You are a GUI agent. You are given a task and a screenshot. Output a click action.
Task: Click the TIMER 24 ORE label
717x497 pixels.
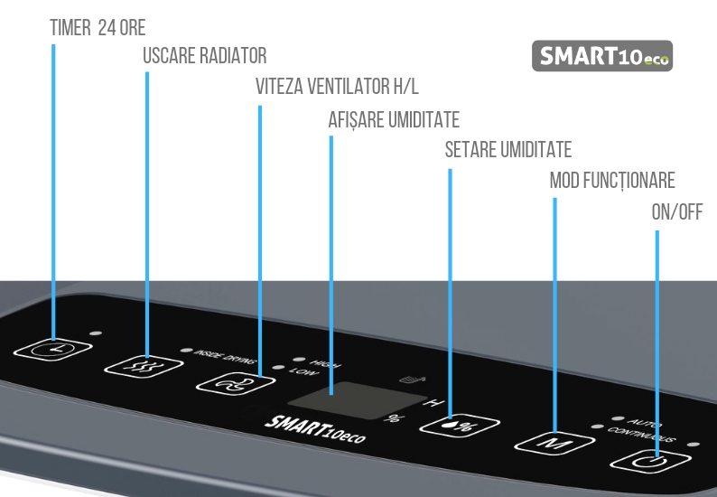pyautogui.click(x=98, y=28)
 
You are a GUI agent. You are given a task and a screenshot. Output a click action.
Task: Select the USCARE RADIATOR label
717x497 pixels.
pyautogui.click(x=205, y=56)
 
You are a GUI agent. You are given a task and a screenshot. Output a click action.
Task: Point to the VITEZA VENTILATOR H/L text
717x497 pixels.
pyautogui.click(x=337, y=86)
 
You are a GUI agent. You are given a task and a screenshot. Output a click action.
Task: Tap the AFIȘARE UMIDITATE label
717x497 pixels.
pyautogui.click(x=394, y=120)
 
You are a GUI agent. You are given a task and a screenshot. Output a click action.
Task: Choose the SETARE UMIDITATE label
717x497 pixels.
pyautogui.click(x=508, y=150)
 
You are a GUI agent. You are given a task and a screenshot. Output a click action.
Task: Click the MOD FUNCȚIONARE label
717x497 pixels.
pyautogui.click(x=612, y=181)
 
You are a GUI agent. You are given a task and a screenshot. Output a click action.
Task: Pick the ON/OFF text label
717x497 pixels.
pyautogui.click(x=676, y=212)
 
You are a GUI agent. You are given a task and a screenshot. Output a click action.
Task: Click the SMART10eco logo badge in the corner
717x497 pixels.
pyautogui.click(x=602, y=56)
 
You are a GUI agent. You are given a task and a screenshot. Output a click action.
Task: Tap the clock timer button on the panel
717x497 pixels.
pyautogui.click(x=53, y=350)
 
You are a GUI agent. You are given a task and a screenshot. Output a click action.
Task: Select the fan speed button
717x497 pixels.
pyautogui.click(x=236, y=383)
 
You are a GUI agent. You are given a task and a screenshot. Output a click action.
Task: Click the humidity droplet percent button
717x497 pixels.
pyautogui.click(x=460, y=425)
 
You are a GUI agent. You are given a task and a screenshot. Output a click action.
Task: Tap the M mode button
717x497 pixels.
pyautogui.click(x=554, y=444)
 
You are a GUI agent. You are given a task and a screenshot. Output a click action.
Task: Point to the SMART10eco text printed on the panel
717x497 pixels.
pyautogui.click(x=315, y=430)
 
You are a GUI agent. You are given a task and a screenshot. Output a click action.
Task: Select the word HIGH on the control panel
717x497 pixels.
pyautogui.click(x=326, y=363)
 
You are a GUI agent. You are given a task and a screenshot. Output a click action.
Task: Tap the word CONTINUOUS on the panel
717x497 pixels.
pyautogui.click(x=641, y=435)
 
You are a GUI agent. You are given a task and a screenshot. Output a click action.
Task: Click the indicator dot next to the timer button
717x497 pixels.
pyautogui.click(x=96, y=333)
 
